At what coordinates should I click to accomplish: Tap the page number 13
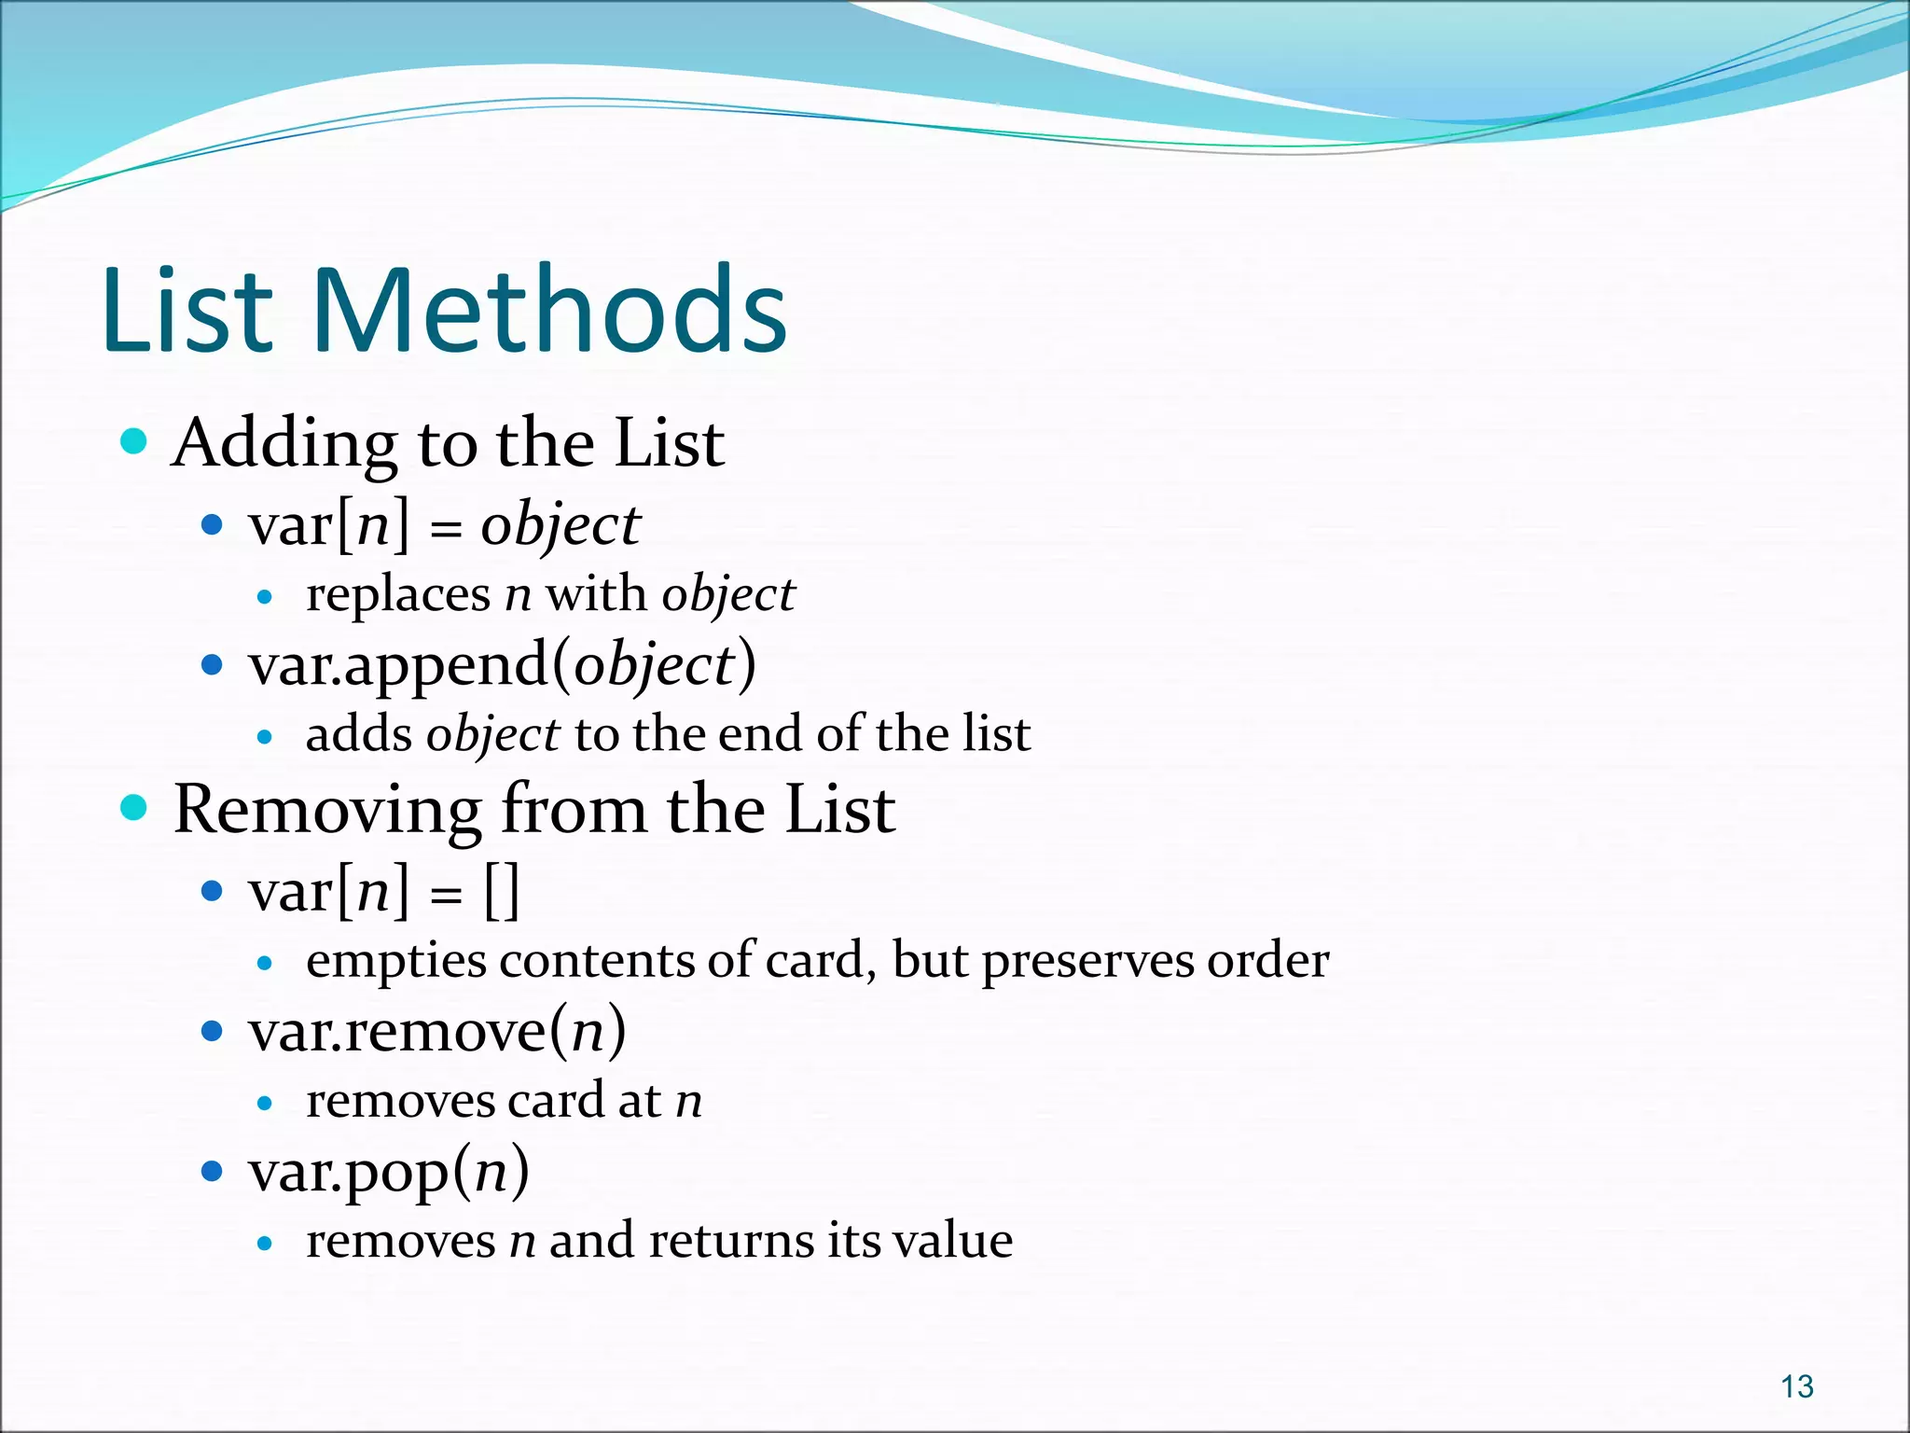(1796, 1386)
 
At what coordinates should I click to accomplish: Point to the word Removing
(326, 810)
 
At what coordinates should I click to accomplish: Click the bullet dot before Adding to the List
(134, 440)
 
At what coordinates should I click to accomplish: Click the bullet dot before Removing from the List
(134, 807)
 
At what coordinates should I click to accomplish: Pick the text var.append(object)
(502, 666)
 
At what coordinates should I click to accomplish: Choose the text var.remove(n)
(436, 1032)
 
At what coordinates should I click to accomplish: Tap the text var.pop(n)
(388, 1172)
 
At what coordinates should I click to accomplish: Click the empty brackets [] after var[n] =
(502, 892)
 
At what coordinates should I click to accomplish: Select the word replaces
(398, 595)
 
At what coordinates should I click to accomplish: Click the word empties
(395, 961)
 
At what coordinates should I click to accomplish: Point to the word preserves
(1087, 961)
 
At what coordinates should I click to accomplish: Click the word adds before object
(358, 734)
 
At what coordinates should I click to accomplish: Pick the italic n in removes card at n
(688, 1101)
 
